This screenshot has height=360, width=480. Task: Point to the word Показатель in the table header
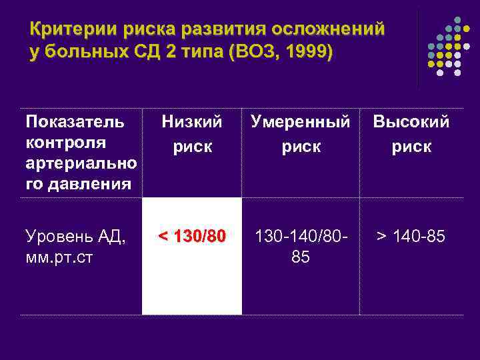click(x=75, y=122)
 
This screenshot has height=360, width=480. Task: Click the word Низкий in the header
click(x=192, y=122)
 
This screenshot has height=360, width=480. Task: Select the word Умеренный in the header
click(x=300, y=122)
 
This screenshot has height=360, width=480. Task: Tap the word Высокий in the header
click(x=411, y=122)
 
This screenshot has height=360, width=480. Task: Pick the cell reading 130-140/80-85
click(x=300, y=246)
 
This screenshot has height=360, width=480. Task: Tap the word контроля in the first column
click(x=64, y=143)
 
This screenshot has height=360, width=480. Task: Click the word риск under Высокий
click(x=411, y=146)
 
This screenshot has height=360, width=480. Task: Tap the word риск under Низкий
click(x=192, y=146)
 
